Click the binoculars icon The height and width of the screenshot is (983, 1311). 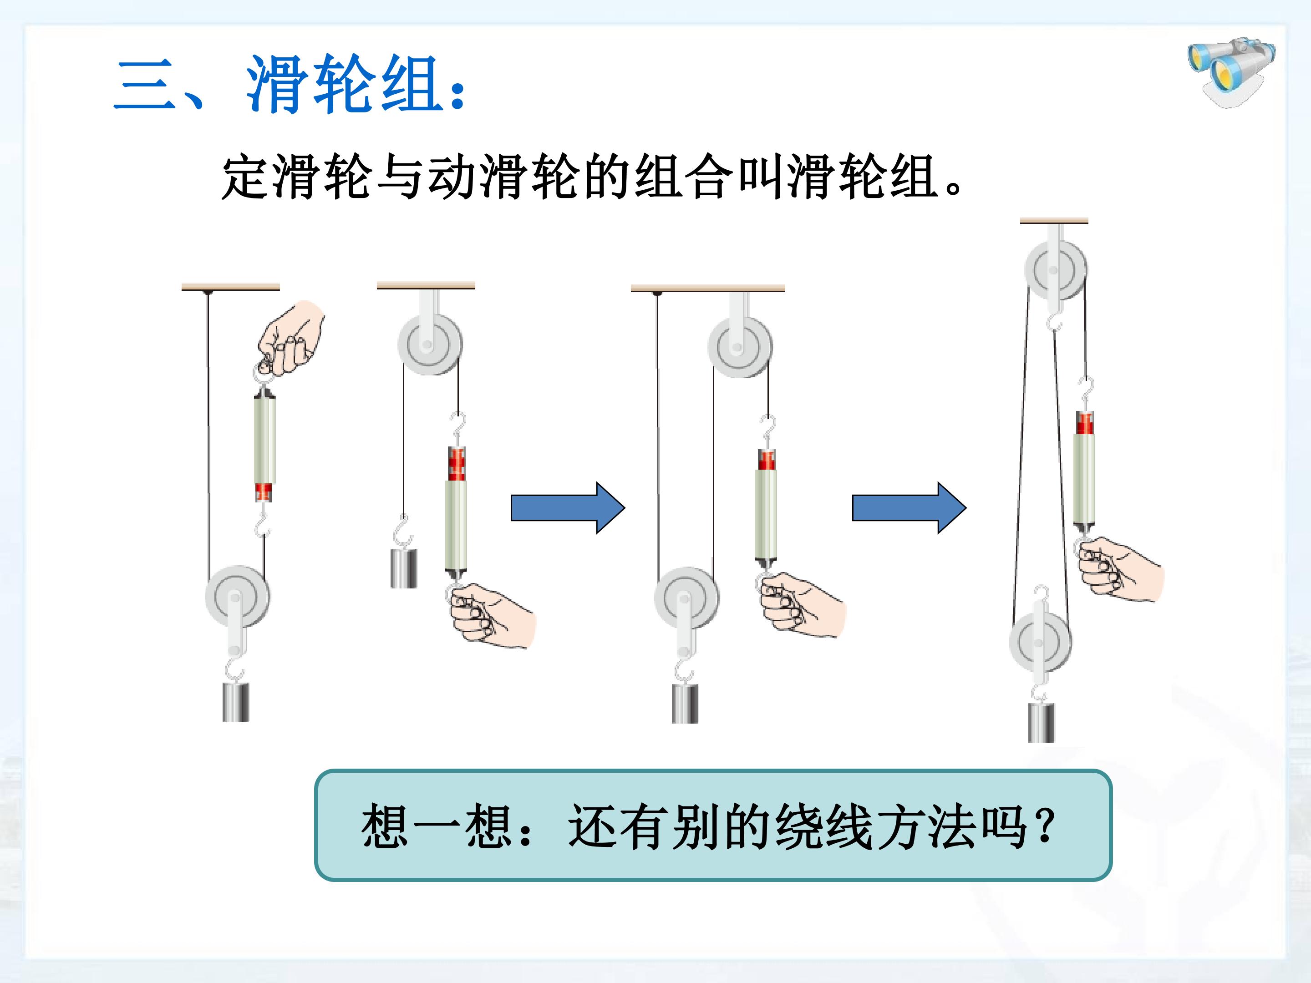click(x=1231, y=72)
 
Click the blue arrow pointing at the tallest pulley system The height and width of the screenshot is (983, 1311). click(x=909, y=508)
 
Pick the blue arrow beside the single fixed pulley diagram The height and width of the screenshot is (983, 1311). click(x=568, y=508)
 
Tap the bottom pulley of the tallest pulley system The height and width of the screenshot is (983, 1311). click(x=1040, y=643)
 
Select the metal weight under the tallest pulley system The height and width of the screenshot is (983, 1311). click(x=1042, y=722)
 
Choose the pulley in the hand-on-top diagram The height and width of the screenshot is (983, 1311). click(x=237, y=597)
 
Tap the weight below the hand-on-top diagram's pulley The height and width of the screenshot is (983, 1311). click(x=236, y=702)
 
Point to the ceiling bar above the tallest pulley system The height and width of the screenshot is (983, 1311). click(x=1054, y=221)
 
